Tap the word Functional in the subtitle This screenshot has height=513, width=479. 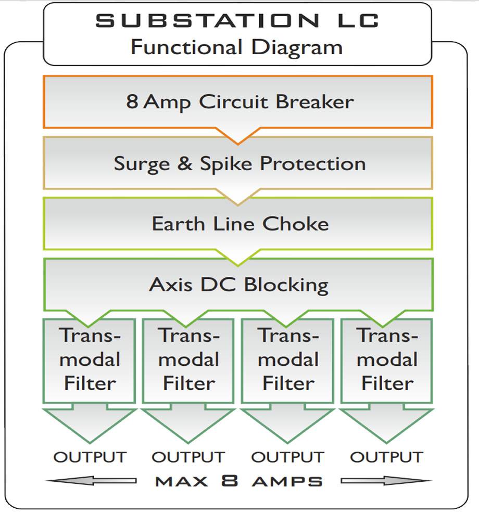(x=186, y=47)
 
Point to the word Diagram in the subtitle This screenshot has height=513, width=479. (x=297, y=48)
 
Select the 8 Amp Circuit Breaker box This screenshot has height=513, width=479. (x=238, y=102)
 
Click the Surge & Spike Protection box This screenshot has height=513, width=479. (x=238, y=163)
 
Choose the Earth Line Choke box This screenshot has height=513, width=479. (x=238, y=224)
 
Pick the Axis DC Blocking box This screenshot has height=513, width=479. (x=238, y=284)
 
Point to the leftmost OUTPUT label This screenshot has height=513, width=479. (x=90, y=457)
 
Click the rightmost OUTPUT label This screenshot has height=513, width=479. (x=387, y=457)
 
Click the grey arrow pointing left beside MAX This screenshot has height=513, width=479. (x=91, y=481)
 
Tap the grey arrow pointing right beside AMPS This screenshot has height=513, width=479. (x=387, y=481)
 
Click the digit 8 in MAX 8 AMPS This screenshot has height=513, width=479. (x=230, y=481)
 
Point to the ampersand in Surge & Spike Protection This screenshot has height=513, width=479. (x=185, y=163)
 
